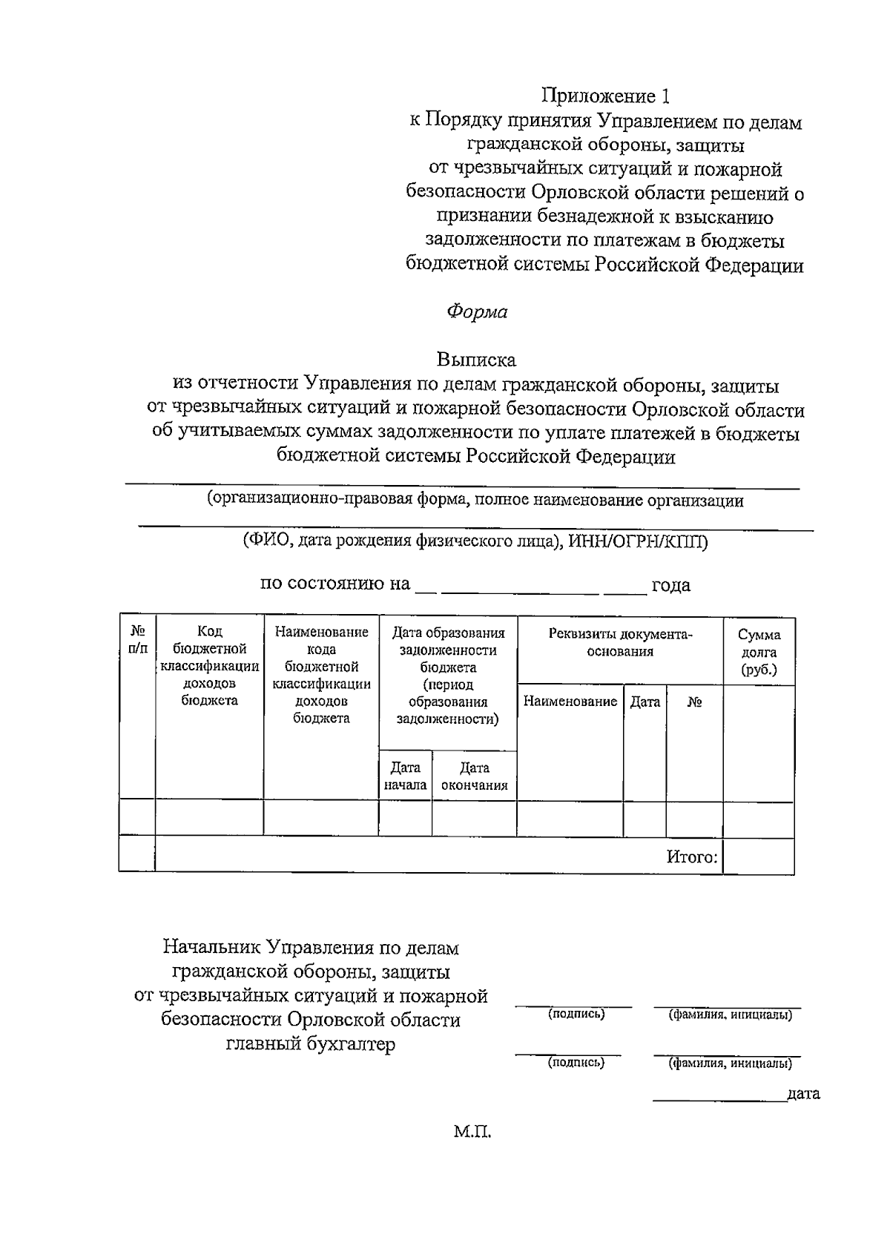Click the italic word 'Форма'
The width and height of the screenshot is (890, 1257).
(476, 312)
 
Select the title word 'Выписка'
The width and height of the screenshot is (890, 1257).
(476, 360)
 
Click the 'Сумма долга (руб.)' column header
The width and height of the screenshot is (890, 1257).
(759, 651)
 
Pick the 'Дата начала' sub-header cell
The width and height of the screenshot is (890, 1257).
(405, 776)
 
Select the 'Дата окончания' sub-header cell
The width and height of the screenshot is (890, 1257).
(474, 776)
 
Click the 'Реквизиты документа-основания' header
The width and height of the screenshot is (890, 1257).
(620, 642)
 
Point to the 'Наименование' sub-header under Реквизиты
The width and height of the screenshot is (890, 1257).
(570, 702)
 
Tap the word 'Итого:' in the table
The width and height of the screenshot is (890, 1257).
(691, 857)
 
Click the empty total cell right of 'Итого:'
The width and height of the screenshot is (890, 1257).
(759, 855)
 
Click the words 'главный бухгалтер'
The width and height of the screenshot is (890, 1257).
(311, 1044)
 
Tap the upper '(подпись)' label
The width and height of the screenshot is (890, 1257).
(576, 1014)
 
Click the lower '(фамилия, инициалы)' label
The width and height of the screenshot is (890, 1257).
(730, 1063)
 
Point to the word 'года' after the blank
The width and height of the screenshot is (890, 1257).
(670, 585)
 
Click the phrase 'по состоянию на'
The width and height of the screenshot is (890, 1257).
(334, 584)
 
